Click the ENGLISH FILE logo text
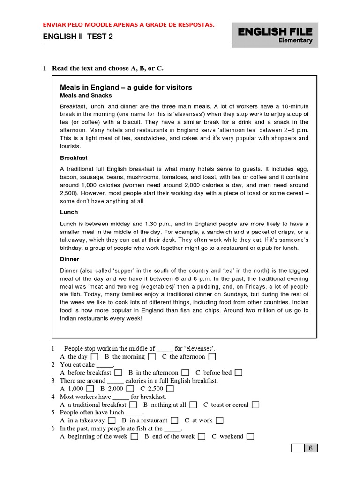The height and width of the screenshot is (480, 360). [275, 31]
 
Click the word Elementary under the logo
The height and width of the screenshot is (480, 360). [295, 40]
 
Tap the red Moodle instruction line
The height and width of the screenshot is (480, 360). [129, 24]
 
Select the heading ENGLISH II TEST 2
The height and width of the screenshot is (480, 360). [78, 37]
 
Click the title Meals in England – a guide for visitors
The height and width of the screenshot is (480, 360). [126, 87]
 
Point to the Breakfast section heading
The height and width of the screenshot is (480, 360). [74, 158]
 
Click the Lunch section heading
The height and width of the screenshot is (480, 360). [69, 212]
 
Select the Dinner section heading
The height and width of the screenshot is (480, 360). [69, 259]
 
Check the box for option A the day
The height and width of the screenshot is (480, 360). [95, 357]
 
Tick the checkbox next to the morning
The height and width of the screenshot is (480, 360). [151, 357]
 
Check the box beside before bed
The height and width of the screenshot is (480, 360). [239, 373]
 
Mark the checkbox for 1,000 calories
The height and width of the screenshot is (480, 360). [90, 389]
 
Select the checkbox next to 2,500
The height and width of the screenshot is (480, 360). [170, 389]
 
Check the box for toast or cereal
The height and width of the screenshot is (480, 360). [255, 405]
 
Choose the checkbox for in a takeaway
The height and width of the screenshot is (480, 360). [112, 420]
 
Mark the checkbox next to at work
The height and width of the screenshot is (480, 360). [219, 420]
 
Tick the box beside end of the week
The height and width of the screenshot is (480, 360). [202, 436]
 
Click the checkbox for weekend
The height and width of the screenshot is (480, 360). [250, 436]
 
